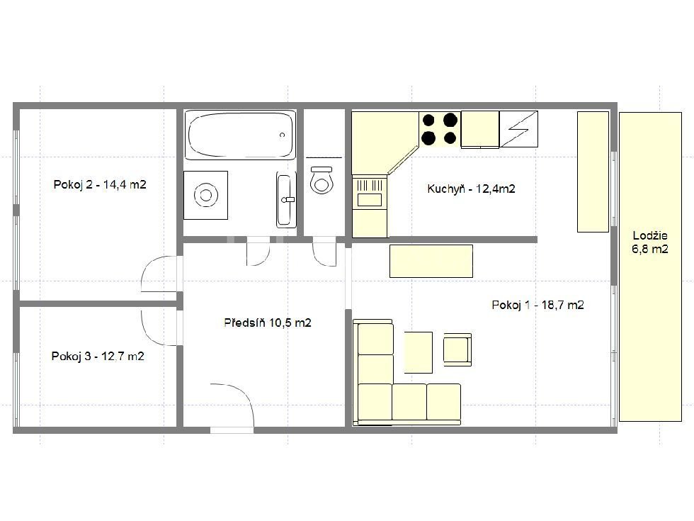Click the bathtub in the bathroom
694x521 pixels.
coord(240,135)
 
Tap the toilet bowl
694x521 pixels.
coord(322,180)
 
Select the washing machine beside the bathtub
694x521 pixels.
coord(206,195)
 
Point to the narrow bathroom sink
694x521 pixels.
coord(286,199)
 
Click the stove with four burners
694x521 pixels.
coord(440,129)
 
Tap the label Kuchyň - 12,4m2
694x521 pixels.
coord(471,189)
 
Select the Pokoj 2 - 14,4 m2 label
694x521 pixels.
coord(100,184)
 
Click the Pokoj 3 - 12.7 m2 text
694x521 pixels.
coord(98,356)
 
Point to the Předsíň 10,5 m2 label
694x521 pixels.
coord(268,323)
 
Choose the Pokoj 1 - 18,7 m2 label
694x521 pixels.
coord(537,305)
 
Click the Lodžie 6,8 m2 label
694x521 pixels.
coord(650,242)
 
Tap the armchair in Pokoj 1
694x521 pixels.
coord(457,349)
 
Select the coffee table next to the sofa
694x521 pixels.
coord(419,353)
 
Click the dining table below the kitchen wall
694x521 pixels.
coord(431,262)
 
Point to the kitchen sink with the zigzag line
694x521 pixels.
coord(518,129)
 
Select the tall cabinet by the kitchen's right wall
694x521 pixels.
coord(593,172)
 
